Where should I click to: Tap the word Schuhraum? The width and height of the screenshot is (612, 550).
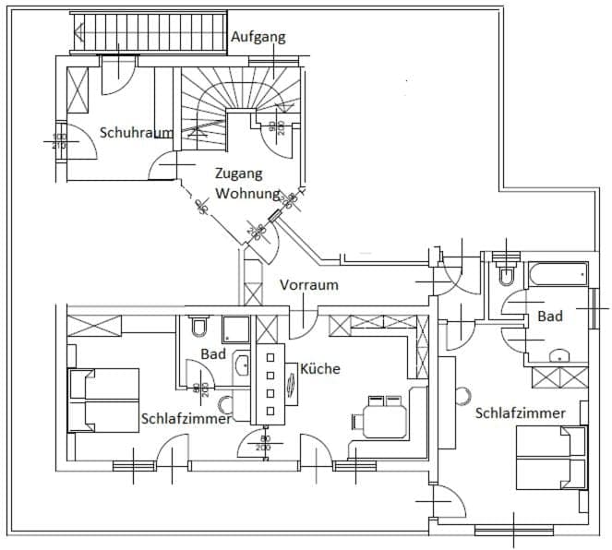[x=136, y=133]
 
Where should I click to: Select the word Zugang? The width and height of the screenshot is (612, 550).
[x=238, y=173]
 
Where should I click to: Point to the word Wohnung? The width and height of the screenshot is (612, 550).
[x=246, y=194]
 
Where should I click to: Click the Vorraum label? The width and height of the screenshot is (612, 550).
[x=308, y=285]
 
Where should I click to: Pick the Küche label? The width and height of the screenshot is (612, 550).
[x=319, y=368]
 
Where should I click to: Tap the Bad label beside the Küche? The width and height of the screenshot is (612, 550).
[x=213, y=354]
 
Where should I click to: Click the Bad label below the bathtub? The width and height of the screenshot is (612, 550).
[x=550, y=317]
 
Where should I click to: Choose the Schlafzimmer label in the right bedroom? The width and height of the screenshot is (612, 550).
[x=520, y=412]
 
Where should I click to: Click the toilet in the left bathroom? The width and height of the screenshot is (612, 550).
[x=198, y=327]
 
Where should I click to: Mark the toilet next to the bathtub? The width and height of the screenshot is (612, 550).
[x=506, y=273]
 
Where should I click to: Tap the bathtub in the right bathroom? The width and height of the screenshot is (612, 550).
[x=558, y=274]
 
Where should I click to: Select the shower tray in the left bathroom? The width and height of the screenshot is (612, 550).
[x=235, y=330]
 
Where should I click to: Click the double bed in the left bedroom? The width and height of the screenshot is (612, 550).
[x=103, y=400]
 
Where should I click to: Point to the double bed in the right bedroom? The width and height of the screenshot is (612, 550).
[x=550, y=458]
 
